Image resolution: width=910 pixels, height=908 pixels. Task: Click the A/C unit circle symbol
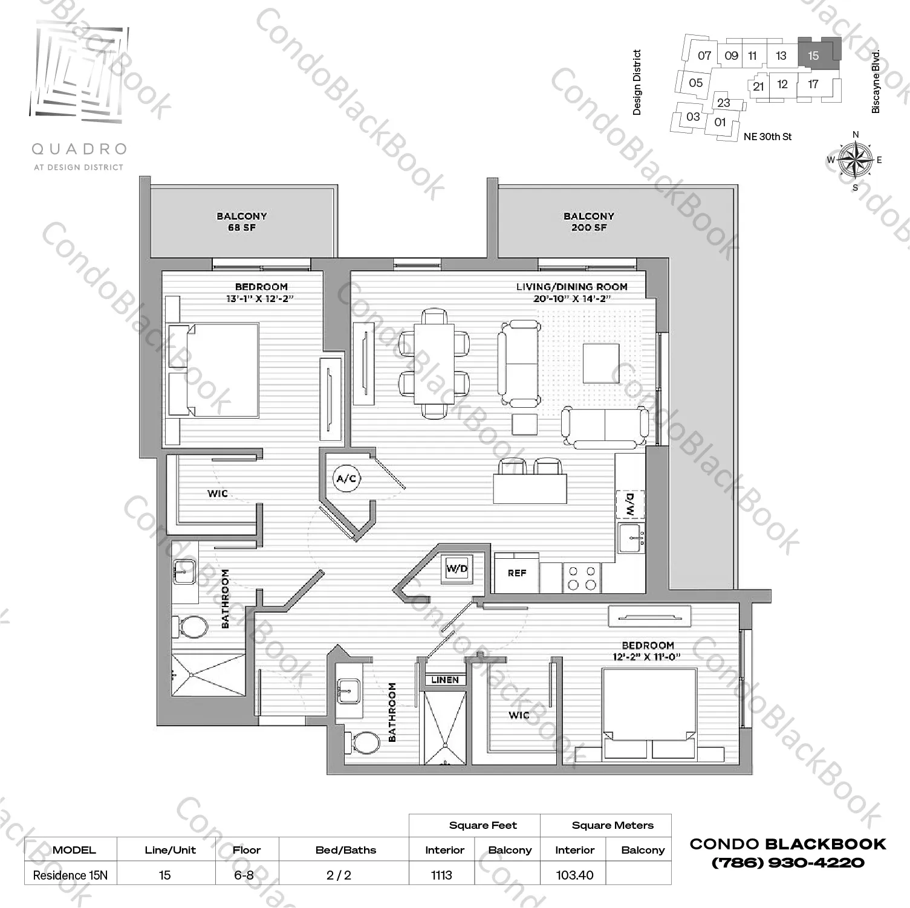pos(346,479)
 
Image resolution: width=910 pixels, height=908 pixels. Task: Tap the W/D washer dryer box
pos(457,568)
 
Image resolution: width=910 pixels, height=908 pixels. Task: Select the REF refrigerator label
pos(517,573)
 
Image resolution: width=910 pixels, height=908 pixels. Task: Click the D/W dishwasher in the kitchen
pos(630,504)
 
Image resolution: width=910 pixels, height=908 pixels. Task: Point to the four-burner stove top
pos(582,578)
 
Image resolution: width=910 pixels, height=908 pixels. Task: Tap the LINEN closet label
pos(445,680)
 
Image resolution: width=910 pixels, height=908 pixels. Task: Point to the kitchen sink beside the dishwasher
pos(632,537)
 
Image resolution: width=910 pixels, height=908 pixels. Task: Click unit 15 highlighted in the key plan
pos(814,56)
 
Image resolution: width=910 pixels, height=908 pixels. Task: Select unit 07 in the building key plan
pos(704,56)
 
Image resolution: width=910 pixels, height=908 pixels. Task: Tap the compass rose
pos(855,160)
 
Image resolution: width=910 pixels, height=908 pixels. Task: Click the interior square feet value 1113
pos(441,875)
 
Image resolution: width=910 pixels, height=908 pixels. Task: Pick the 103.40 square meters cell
pos(574,875)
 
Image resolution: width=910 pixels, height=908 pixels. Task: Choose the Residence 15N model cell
pos(70,875)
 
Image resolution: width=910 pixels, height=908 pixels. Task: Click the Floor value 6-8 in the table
pos(244,875)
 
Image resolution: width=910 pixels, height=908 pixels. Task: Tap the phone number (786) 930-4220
pos(788,863)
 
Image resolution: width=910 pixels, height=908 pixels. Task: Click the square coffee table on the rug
pos(601,363)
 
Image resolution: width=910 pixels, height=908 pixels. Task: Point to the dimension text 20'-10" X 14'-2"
pos(572,298)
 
